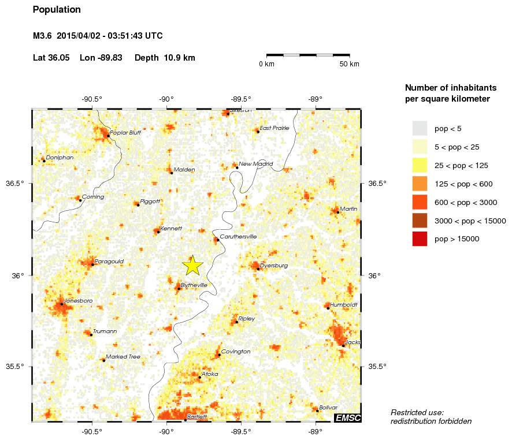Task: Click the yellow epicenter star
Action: (x=193, y=265)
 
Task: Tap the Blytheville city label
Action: (x=194, y=285)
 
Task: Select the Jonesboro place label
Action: (x=78, y=301)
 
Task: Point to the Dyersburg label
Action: (x=274, y=266)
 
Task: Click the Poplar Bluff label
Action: (x=125, y=133)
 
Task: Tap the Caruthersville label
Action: (x=238, y=237)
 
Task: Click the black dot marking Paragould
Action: (x=92, y=264)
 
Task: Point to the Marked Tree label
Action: (x=123, y=357)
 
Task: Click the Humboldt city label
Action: (x=344, y=304)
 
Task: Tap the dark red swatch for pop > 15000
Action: (x=420, y=238)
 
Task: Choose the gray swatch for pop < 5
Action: (x=420, y=128)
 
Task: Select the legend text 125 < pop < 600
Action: (x=461, y=184)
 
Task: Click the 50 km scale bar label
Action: (x=349, y=64)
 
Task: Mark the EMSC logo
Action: (x=347, y=417)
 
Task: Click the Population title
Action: (x=57, y=10)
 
